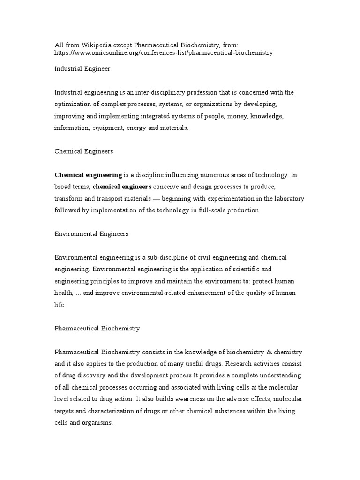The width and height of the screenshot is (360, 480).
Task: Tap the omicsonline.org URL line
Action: point(164,53)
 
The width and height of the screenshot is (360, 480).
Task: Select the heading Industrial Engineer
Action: point(82,68)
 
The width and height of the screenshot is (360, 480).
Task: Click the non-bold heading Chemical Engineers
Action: point(84,151)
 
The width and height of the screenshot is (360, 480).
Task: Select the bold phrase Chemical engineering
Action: point(89,175)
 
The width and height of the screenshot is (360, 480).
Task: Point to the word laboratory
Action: point(288,199)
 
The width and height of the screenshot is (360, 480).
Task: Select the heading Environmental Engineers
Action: point(91,234)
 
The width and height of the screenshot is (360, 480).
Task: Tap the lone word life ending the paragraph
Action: point(59,305)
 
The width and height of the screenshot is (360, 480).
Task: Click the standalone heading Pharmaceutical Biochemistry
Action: point(97,328)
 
